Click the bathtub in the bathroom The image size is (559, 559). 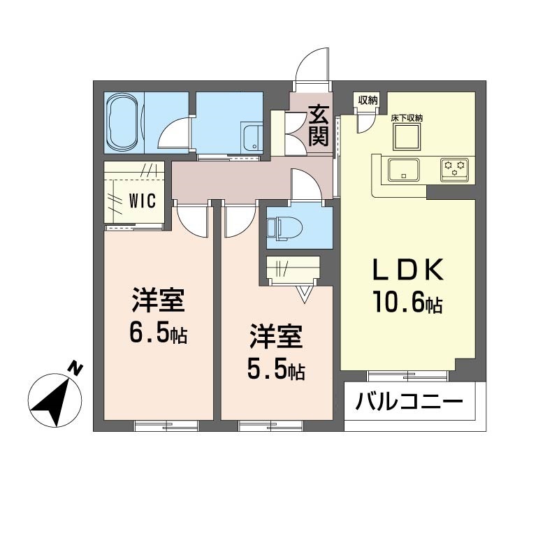click(123, 123)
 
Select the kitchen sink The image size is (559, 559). click(404, 169)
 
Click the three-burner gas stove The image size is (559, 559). click(454, 170)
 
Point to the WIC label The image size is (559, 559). click(143, 201)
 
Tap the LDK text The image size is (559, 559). click(408, 270)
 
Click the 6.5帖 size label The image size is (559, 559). click(158, 333)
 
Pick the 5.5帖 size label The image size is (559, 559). click(276, 370)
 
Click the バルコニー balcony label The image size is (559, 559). click(409, 402)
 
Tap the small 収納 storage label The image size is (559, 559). click(368, 100)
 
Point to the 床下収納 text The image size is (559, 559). click(407, 118)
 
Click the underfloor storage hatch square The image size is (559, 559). click(407, 137)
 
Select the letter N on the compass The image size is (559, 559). click(75, 369)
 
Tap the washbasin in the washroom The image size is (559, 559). click(252, 138)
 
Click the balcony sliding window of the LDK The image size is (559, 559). click(407, 376)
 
